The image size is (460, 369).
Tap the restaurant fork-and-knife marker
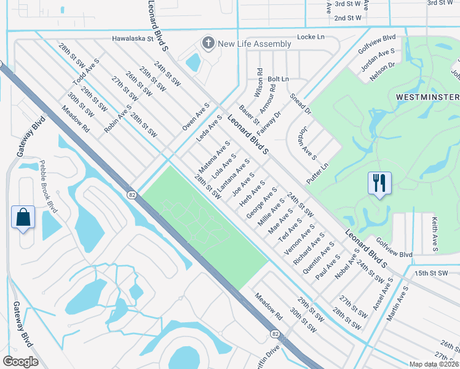click(379, 183)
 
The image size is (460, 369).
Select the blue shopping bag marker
click(23, 217)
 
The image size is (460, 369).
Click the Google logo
click(20, 361)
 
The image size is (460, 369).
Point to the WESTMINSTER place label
click(427, 97)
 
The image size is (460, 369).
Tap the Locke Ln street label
click(311, 38)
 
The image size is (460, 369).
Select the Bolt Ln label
click(278, 79)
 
